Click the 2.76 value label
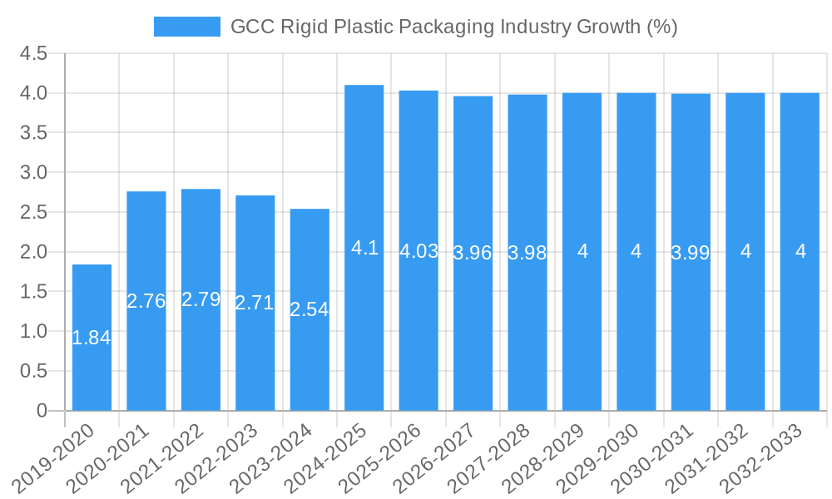[x=146, y=301]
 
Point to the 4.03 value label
[x=419, y=251]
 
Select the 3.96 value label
[x=473, y=254]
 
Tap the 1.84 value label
[x=92, y=338]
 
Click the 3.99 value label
[x=691, y=254]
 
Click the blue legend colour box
[x=187, y=27]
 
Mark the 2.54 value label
[x=310, y=309]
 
